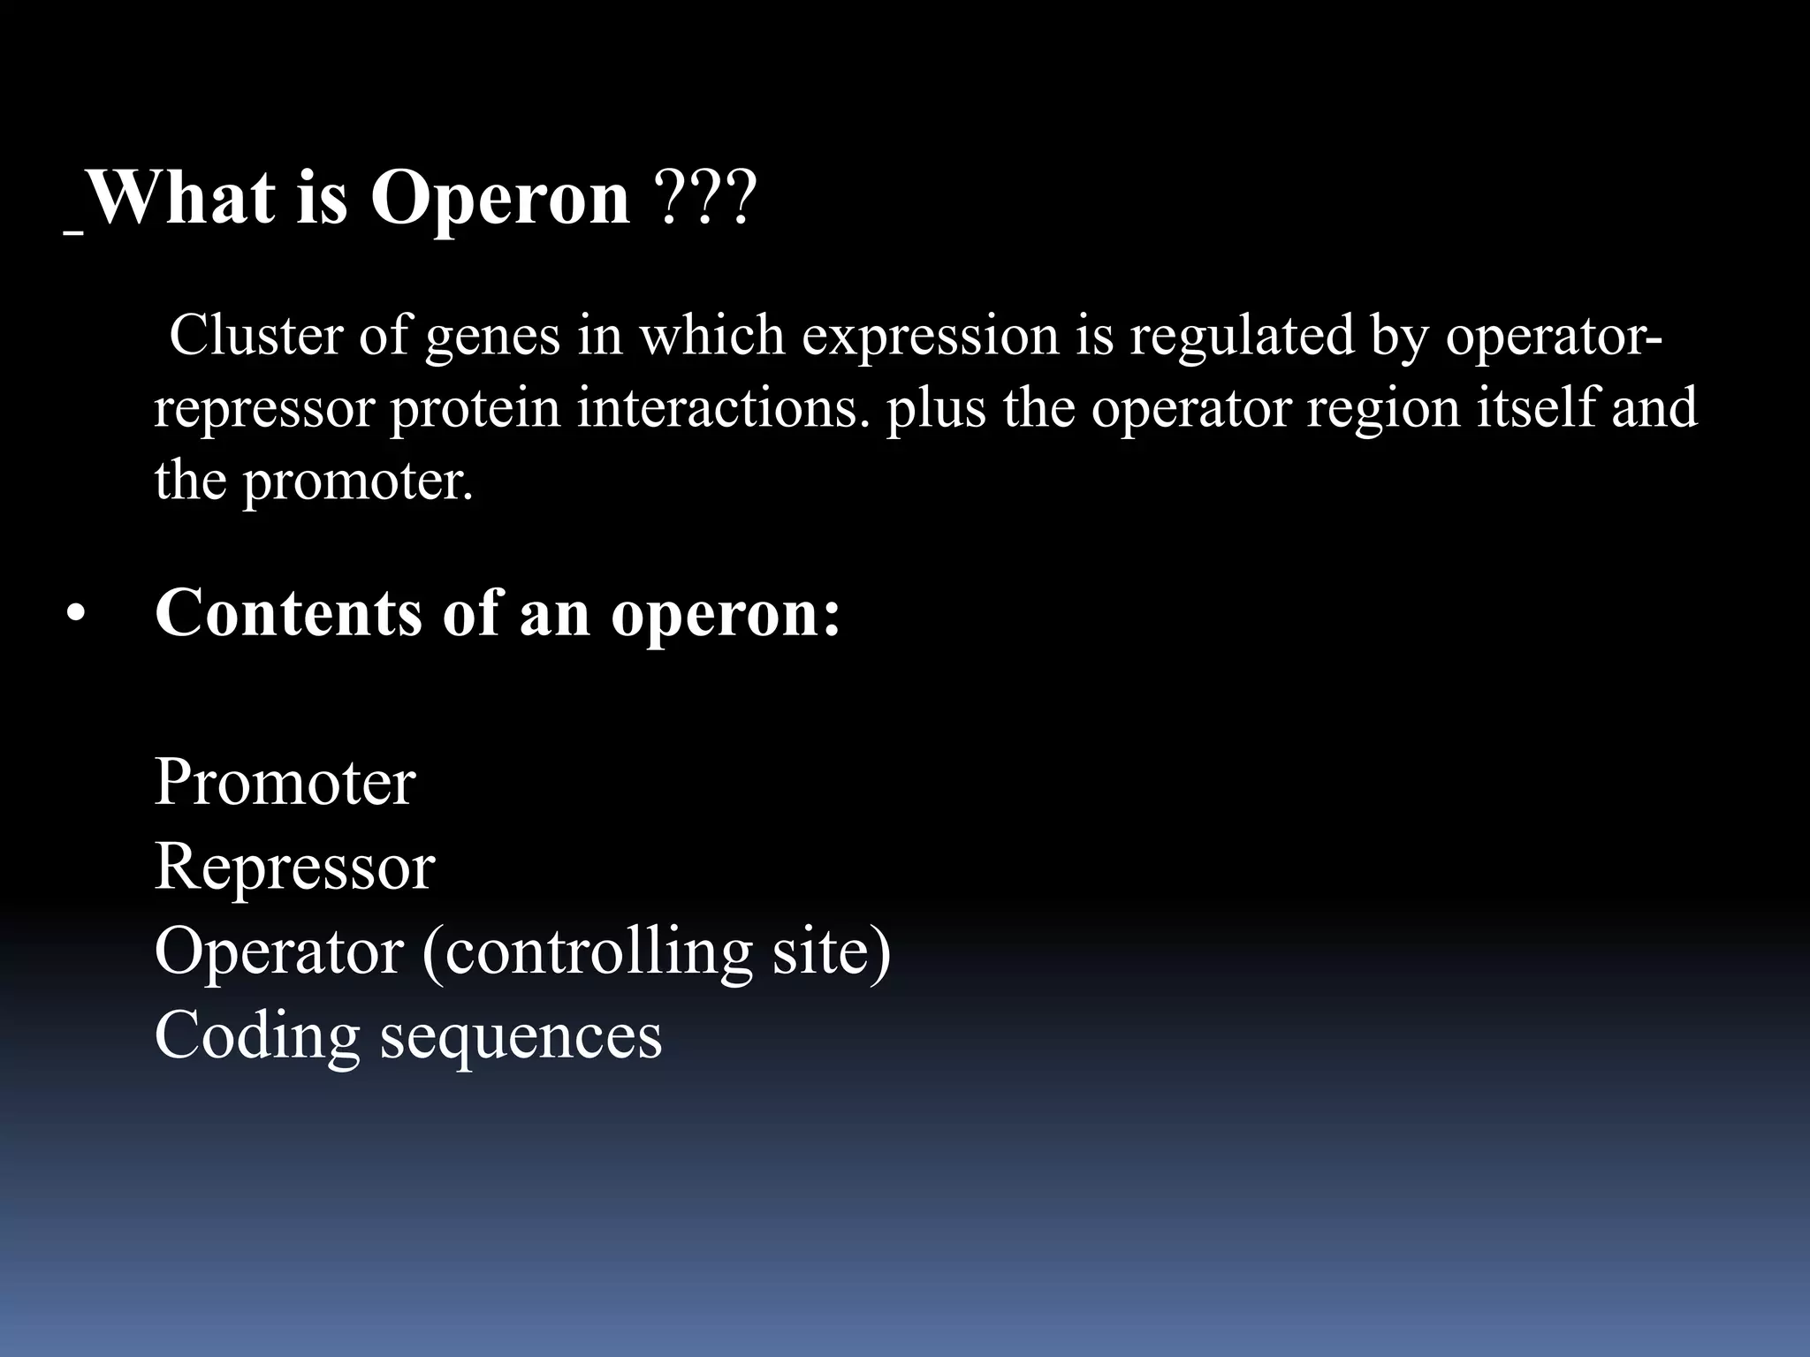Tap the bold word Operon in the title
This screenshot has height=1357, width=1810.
[500, 199]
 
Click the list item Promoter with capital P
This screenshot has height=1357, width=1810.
[285, 783]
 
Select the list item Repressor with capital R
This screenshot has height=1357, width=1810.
[294, 867]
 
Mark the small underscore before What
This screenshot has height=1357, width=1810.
[74, 232]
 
